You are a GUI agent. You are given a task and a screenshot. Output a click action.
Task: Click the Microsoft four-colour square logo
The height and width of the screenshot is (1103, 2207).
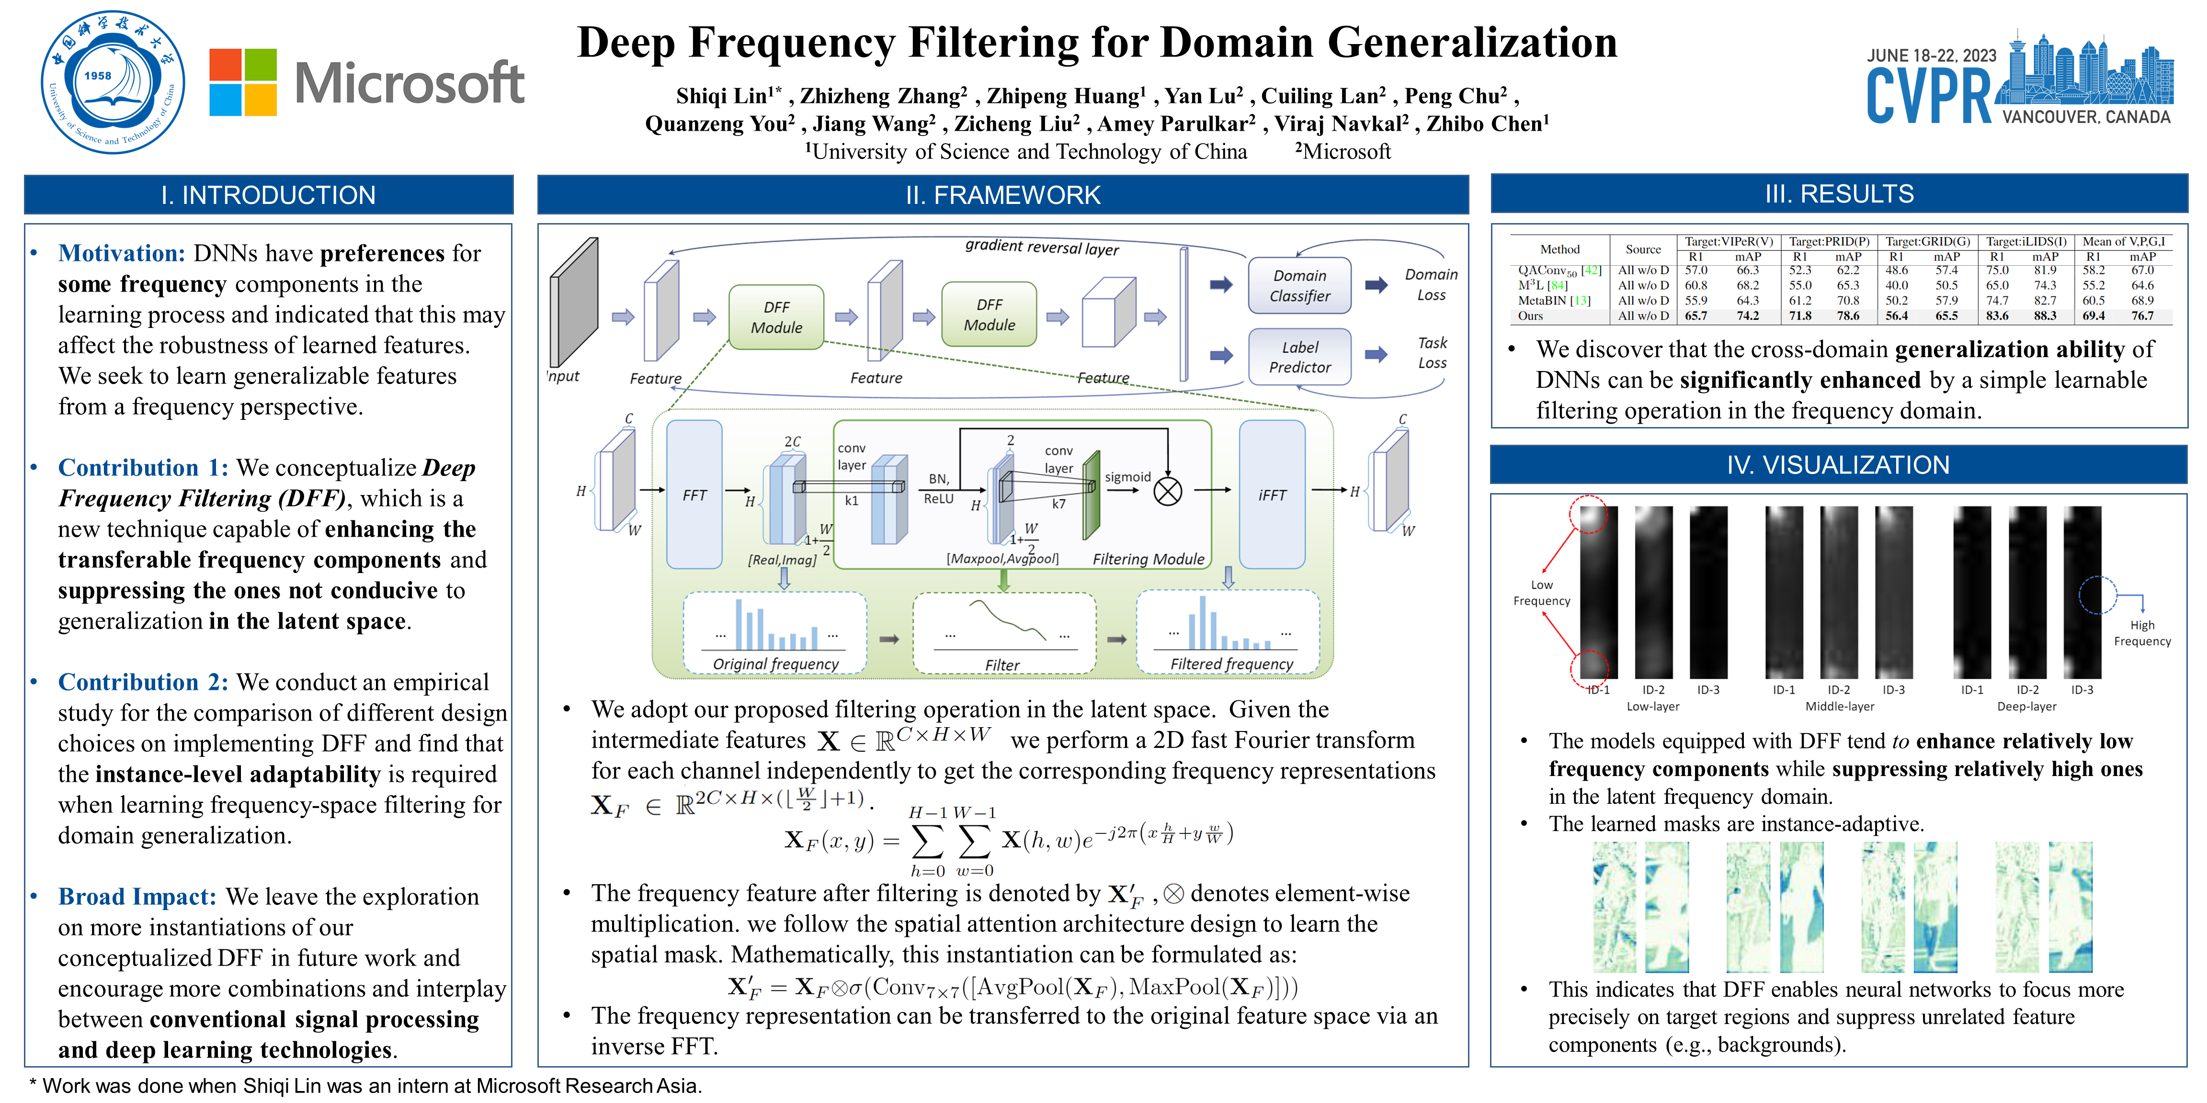point(243,82)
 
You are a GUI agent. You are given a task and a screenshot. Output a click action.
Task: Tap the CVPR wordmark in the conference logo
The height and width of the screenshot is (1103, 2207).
point(1929,96)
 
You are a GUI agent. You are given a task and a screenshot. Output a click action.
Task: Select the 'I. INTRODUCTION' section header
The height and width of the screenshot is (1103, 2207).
point(268,195)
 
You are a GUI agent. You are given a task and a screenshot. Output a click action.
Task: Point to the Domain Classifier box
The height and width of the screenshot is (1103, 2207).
point(1300,286)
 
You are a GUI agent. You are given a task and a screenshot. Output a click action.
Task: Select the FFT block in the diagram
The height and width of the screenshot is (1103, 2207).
point(694,495)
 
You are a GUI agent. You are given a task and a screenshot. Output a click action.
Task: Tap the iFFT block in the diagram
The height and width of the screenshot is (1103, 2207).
point(1272,495)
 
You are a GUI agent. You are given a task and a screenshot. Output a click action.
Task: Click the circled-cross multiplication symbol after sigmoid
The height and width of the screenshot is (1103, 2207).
point(1168,492)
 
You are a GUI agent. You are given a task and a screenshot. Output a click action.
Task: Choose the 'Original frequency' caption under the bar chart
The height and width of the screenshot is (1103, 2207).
point(775,664)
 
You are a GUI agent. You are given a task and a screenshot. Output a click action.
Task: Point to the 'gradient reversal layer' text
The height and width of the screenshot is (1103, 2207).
point(1042,248)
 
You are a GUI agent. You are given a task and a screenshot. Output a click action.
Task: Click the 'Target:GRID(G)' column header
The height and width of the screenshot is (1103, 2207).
point(1928,242)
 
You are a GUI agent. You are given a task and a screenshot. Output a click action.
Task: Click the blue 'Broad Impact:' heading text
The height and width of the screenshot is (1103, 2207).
point(137,897)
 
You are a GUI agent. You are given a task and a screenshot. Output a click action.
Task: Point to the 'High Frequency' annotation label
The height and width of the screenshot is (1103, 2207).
point(2142,633)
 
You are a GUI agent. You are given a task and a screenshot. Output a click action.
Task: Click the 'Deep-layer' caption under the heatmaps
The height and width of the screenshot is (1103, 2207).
point(2026,707)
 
